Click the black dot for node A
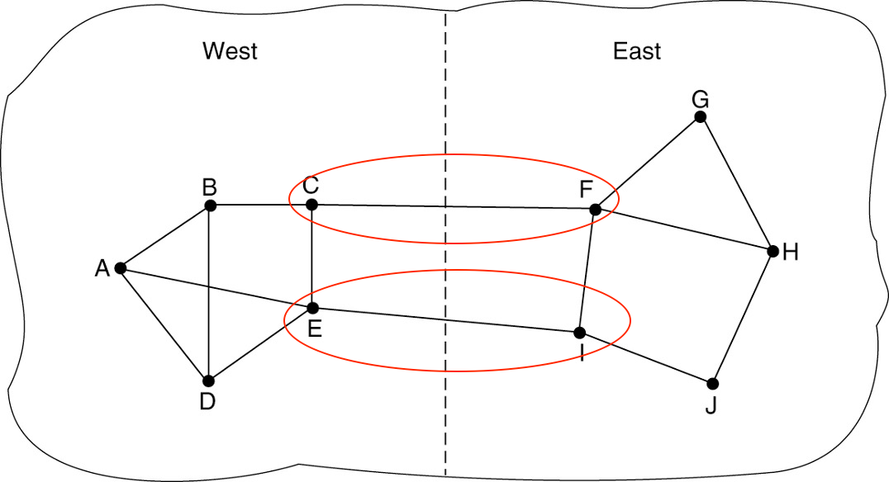tap(121, 267)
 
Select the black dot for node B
tap(210, 205)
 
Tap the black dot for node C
tap(311, 205)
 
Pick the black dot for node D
tap(208, 380)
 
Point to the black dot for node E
tap(312, 308)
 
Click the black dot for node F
tap(595, 210)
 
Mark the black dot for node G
tap(700, 117)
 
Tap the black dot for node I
tap(579, 333)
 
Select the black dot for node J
tap(712, 384)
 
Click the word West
tap(230, 51)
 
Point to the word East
tap(636, 51)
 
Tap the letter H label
tap(791, 253)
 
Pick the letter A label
tap(102, 268)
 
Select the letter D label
tap(207, 402)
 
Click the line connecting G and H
tap(736, 183)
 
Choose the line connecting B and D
tap(209, 293)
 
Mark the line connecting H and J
tap(743, 317)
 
